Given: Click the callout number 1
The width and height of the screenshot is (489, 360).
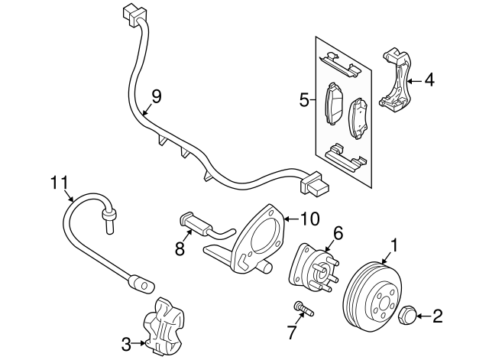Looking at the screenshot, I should coord(395,245).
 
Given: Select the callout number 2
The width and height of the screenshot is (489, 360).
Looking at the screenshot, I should coord(438,314).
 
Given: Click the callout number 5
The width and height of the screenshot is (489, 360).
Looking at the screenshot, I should coord(303,100).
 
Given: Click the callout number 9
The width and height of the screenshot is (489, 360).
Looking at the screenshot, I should coord(156,96).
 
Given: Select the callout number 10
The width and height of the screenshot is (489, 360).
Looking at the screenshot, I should coord(309,219).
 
